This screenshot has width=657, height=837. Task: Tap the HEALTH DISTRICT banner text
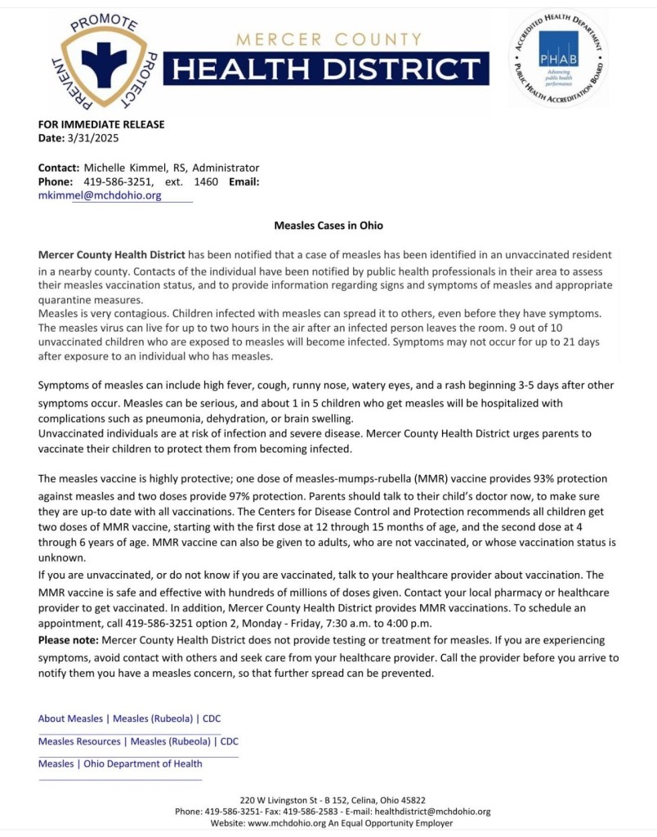tap(326, 69)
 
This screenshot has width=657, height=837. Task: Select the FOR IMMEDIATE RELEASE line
tap(101, 124)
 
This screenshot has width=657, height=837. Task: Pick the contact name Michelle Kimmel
tap(125, 168)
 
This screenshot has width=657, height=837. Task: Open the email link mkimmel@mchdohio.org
tap(100, 195)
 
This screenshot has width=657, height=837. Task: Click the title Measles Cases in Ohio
tap(328, 225)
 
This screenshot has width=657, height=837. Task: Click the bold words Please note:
tap(67, 640)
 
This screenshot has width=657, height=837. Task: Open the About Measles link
tap(70, 719)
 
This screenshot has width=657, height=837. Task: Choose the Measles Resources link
tap(80, 741)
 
